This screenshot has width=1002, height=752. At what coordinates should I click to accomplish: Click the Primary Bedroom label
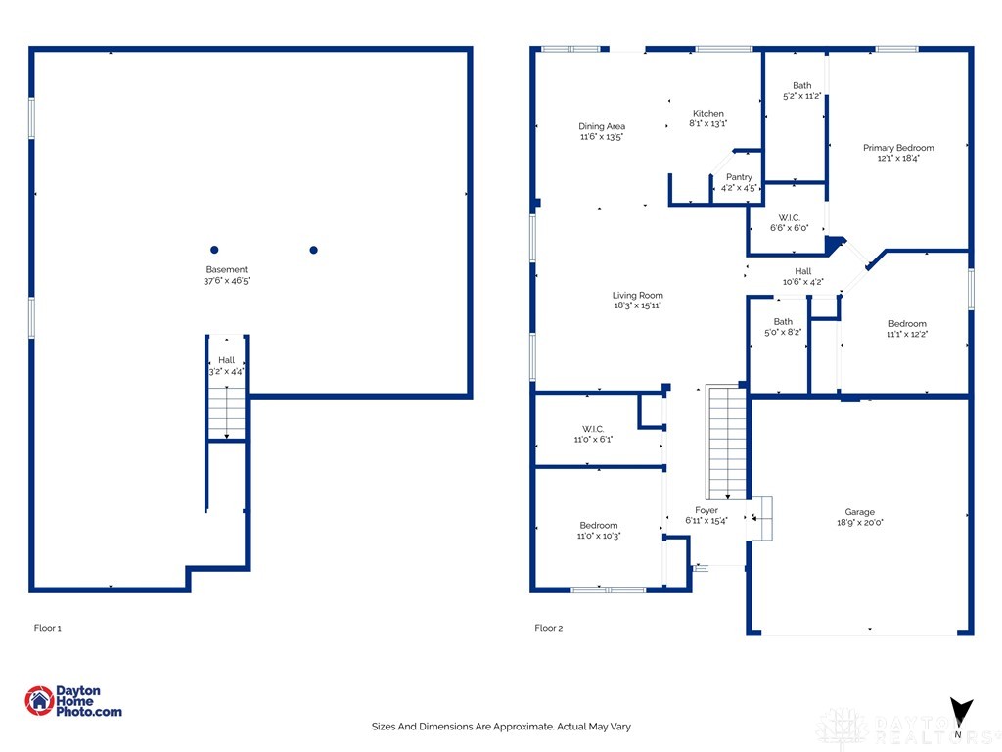[x=897, y=148]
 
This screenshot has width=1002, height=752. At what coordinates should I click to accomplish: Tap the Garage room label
[x=859, y=512]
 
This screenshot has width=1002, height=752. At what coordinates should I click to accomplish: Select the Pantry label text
[x=739, y=177]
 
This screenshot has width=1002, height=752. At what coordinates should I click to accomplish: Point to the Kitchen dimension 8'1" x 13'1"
[x=707, y=124]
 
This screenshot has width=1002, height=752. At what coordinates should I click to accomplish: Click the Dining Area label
[x=601, y=126]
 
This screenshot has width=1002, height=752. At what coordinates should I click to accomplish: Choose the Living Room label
[x=637, y=295]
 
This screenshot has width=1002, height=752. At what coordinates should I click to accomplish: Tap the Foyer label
[x=706, y=510]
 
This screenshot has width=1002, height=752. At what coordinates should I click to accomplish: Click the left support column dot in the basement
[x=214, y=250]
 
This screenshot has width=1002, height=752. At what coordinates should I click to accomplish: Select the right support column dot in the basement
[x=314, y=250]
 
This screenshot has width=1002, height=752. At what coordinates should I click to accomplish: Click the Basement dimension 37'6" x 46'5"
[x=226, y=281]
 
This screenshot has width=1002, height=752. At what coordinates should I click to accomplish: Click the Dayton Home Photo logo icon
[x=39, y=700]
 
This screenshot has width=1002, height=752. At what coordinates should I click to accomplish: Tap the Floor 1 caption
[x=47, y=628]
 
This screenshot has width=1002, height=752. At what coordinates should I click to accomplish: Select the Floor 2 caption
[x=548, y=628]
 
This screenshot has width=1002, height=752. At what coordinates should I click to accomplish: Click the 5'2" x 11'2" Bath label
[x=801, y=96]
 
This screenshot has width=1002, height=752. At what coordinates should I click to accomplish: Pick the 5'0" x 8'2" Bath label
[x=782, y=332]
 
